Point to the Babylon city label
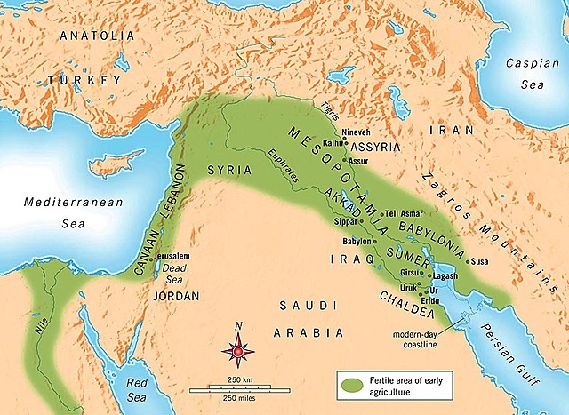356,242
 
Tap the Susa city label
481,262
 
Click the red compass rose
239,352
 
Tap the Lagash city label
444,277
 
